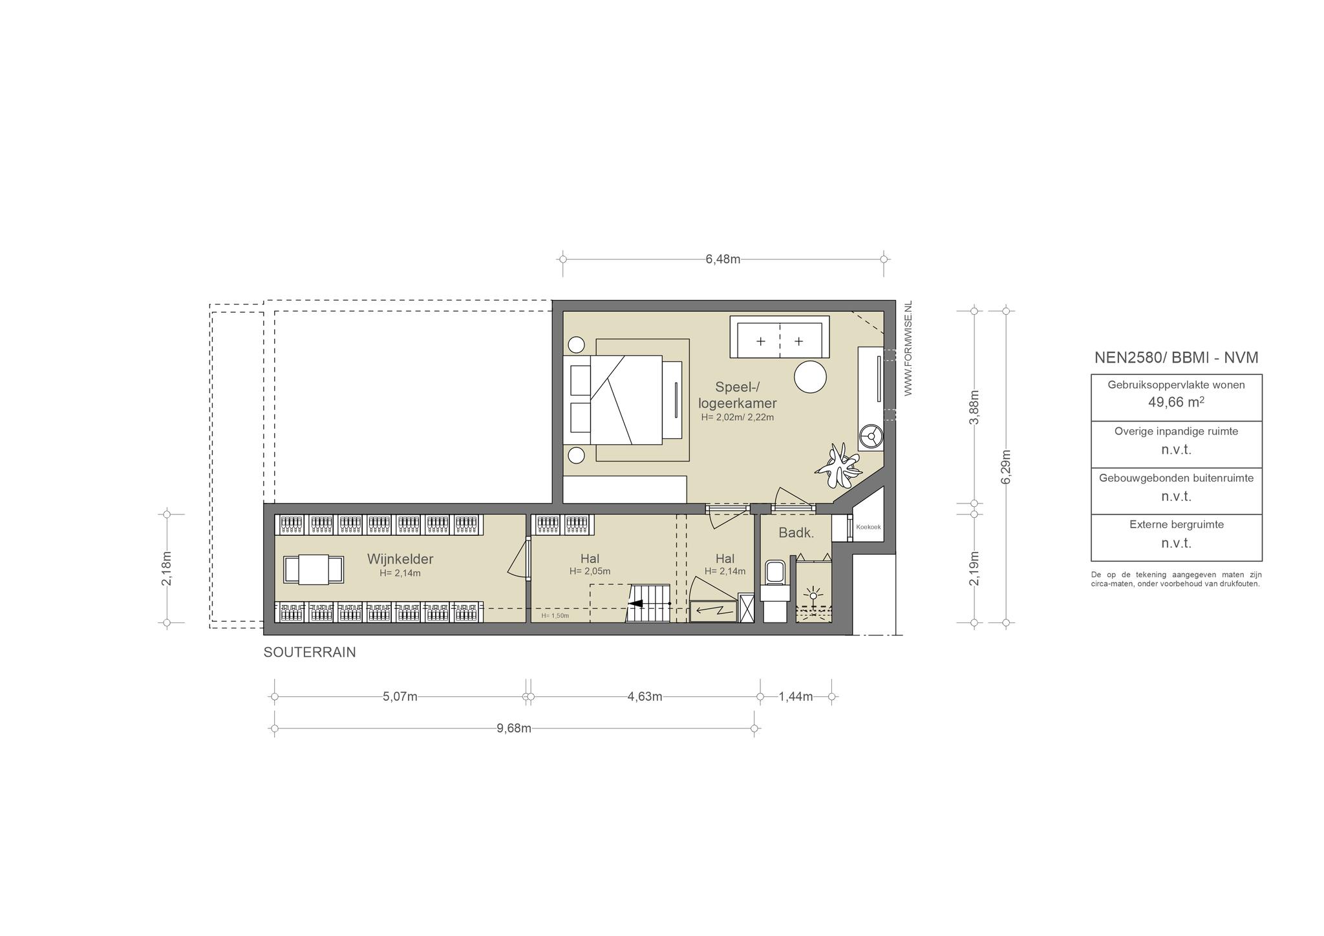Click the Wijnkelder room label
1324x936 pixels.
(x=400, y=559)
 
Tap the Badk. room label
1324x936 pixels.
(x=796, y=533)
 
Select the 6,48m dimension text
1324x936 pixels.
(x=723, y=259)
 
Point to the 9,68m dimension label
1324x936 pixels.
(x=514, y=729)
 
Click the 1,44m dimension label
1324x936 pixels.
(x=796, y=697)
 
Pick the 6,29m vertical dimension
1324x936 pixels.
(x=1006, y=466)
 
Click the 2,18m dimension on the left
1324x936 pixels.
(x=167, y=569)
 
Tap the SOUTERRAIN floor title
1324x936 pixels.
(x=310, y=653)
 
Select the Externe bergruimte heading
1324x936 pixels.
(x=1177, y=525)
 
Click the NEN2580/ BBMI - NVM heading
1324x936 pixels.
(x=1177, y=357)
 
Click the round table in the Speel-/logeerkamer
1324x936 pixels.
(x=810, y=376)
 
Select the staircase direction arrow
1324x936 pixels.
(x=648, y=604)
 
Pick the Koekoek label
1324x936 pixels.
(x=868, y=527)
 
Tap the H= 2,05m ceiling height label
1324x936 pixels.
(x=590, y=571)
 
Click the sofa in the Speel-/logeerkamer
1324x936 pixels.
(x=780, y=337)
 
